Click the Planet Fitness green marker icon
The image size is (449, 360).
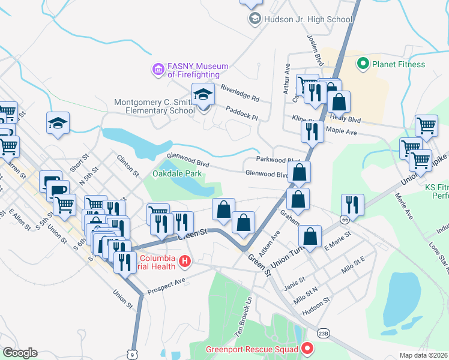tap(363, 64)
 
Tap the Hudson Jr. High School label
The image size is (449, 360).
tap(308, 19)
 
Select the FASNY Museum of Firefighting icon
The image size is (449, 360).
tap(158, 70)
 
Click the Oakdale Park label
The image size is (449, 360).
tap(176, 174)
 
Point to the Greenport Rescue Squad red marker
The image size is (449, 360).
tap(308, 349)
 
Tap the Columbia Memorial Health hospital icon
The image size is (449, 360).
tap(185, 262)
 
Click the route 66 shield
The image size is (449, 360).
tap(345, 220)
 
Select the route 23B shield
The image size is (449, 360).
tap(324, 334)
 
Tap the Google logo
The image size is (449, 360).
tap(19, 353)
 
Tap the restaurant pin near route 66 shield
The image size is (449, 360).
tap(352, 204)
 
